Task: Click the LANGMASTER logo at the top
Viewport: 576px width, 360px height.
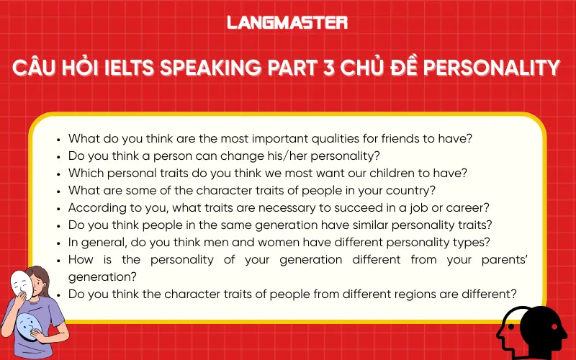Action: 287,22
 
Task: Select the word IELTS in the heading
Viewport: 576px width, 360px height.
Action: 126,68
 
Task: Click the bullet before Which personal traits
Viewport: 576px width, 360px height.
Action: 58,173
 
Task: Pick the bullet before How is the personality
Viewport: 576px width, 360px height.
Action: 58,259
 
